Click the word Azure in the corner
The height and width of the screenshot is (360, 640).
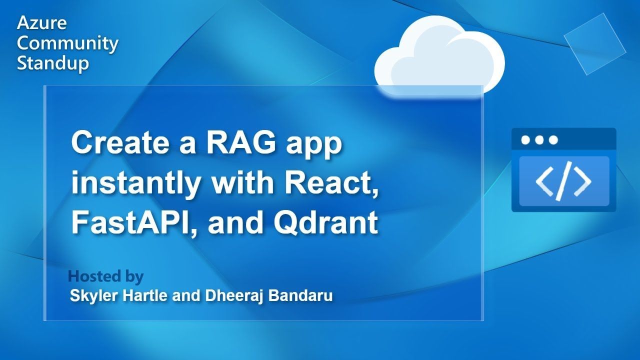point(41,23)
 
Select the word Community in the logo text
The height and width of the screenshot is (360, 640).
point(67,43)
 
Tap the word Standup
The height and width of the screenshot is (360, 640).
point(53,63)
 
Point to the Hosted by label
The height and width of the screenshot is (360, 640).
point(105,276)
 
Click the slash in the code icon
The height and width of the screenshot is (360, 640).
point(563,181)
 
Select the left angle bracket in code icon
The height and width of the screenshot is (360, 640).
point(544,181)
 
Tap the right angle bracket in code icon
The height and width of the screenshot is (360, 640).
point(583,181)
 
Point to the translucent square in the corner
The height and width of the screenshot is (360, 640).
point(595,43)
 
